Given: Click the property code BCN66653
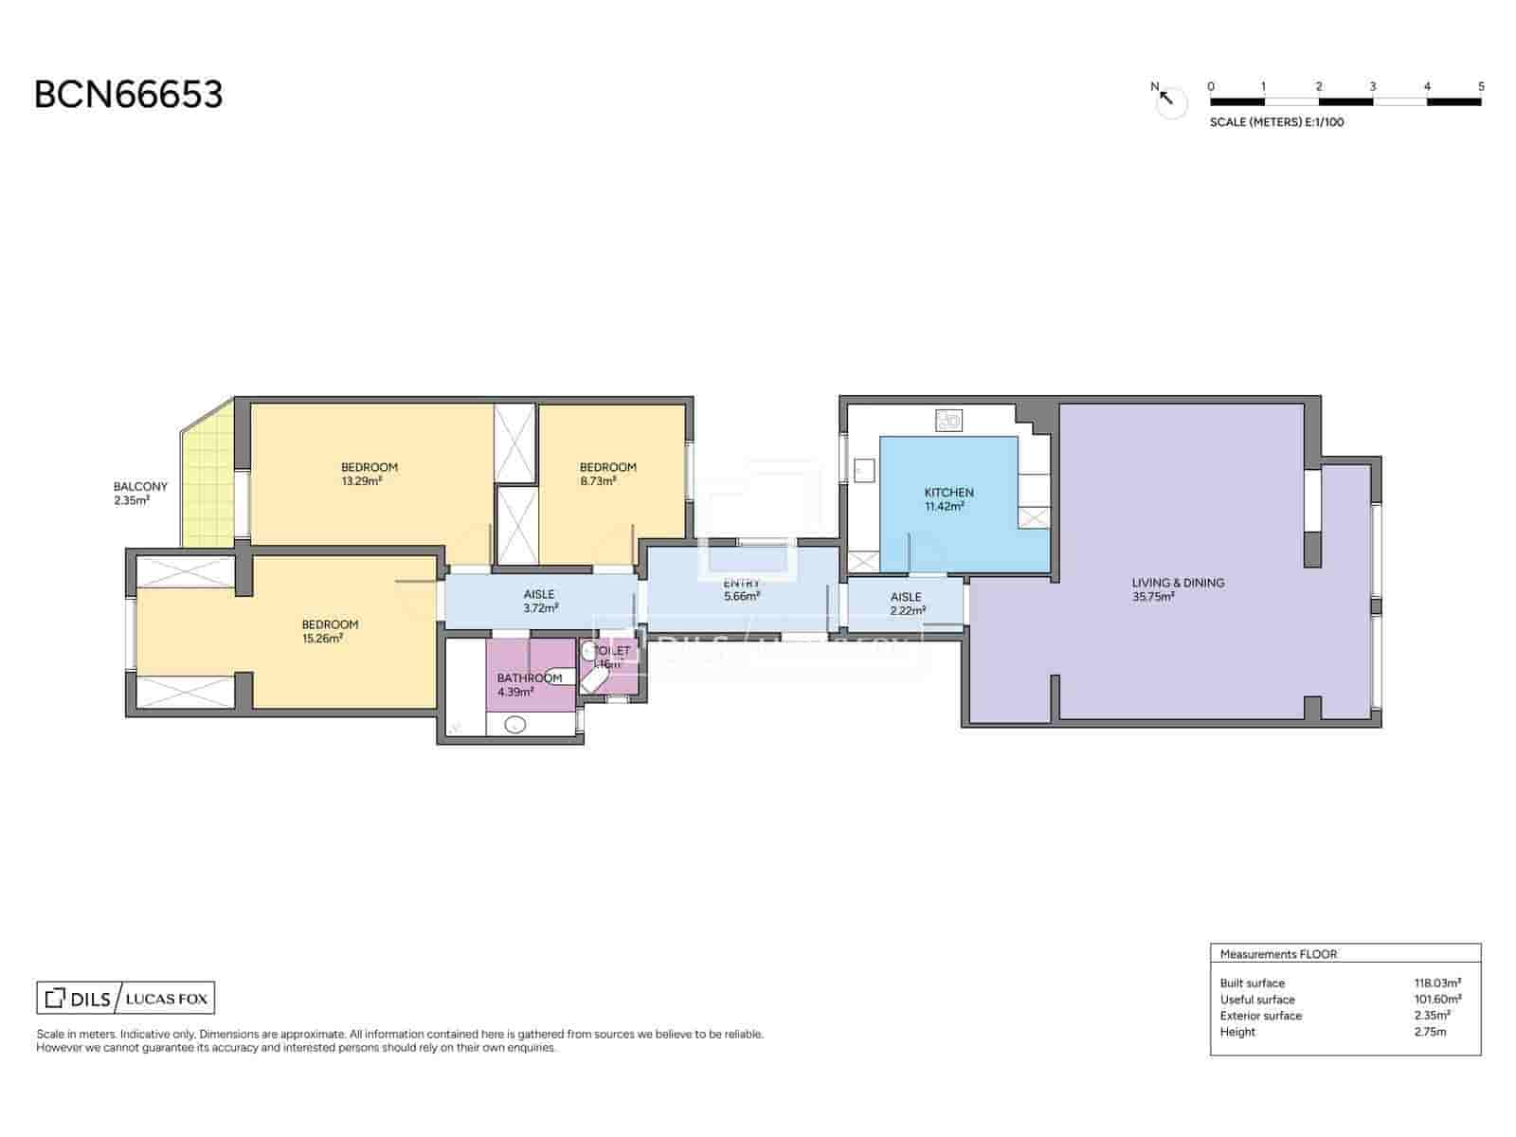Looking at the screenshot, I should click(129, 95).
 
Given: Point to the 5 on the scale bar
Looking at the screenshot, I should click(1481, 86).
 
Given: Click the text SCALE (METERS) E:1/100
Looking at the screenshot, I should click(1276, 122).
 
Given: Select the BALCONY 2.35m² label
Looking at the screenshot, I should click(140, 493).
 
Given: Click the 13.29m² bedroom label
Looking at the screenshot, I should click(370, 474).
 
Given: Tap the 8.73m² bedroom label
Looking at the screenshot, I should click(607, 474).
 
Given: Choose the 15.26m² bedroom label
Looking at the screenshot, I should click(330, 631).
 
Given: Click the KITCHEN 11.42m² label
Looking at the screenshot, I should click(948, 499).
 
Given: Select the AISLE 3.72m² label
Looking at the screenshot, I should click(539, 601).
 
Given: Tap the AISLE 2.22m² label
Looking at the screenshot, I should click(906, 604).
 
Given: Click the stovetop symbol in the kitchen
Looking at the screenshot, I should click(948, 420).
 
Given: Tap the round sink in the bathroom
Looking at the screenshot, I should click(514, 726).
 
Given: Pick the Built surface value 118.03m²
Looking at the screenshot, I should click(1437, 984).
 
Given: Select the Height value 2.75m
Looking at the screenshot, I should click(1430, 1032).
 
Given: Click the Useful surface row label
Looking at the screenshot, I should click(1256, 1000).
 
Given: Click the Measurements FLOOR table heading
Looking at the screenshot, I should click(1278, 954).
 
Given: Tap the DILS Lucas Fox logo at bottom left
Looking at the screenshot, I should click(126, 998).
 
